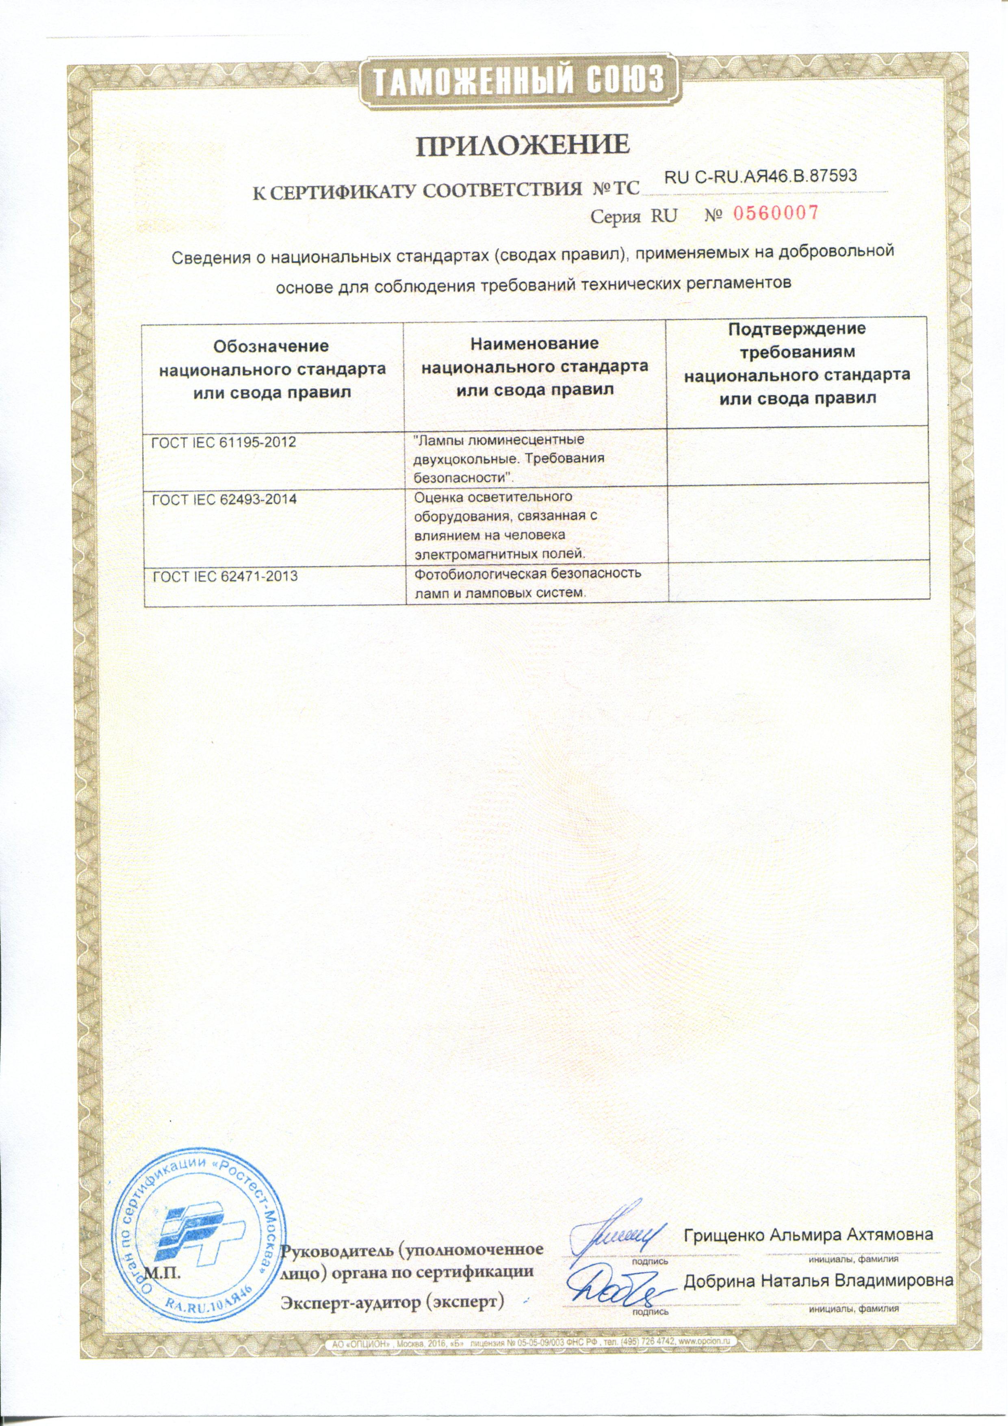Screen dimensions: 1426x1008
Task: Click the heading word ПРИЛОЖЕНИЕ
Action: (x=523, y=145)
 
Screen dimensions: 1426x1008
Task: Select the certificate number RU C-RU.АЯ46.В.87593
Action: (x=761, y=176)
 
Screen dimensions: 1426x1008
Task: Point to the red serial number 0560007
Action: (x=776, y=214)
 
